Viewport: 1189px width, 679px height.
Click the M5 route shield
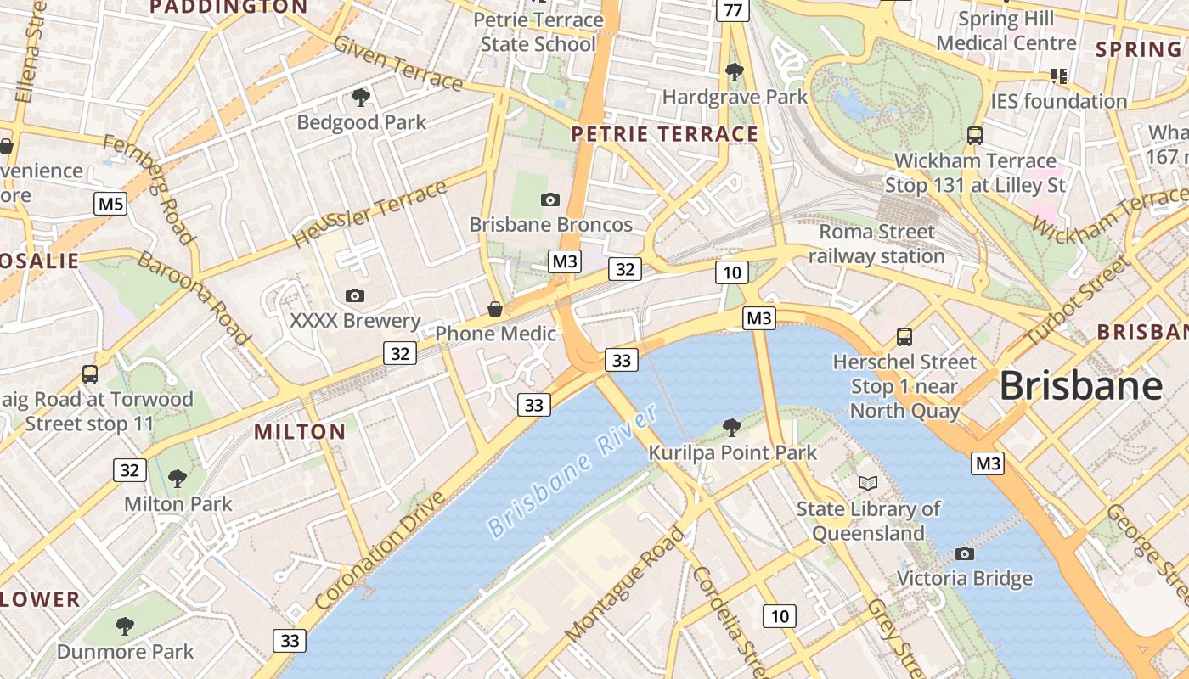click(110, 204)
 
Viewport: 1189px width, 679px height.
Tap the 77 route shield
click(732, 10)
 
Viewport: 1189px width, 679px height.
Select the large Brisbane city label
click(1080, 386)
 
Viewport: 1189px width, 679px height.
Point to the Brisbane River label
click(573, 471)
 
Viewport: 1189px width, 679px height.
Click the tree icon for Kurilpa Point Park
click(731, 427)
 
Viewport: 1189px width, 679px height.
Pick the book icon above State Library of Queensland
click(867, 483)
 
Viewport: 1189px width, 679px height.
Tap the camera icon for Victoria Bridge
click(964, 554)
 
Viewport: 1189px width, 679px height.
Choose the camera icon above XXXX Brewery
click(355, 295)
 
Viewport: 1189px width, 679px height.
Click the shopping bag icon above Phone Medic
click(495, 308)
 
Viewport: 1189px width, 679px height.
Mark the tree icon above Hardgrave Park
click(734, 72)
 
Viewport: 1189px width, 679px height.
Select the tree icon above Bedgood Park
click(361, 98)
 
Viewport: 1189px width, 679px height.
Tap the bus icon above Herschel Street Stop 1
click(904, 337)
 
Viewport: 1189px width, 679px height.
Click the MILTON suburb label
click(300, 431)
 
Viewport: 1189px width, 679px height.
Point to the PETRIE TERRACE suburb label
click(664, 134)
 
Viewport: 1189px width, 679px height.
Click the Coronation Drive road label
click(380, 550)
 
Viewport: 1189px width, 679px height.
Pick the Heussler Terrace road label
click(369, 214)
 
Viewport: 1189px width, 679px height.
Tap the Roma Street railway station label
click(876, 244)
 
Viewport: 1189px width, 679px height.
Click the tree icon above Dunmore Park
click(125, 627)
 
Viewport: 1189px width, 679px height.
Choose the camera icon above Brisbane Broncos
click(550, 200)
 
